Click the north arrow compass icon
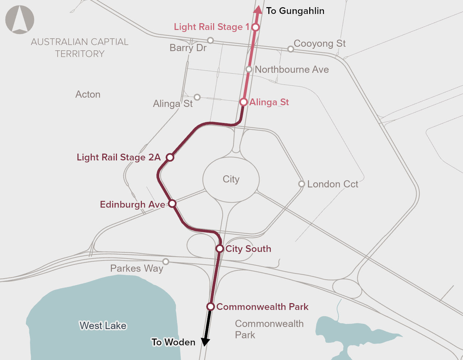pyautogui.click(x=20, y=19)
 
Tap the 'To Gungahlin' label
pyautogui.click(x=295, y=11)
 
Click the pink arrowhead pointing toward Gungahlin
pyautogui.click(x=258, y=10)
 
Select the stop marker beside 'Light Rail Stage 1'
pyautogui.click(x=255, y=27)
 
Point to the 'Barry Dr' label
pyautogui.click(x=188, y=48)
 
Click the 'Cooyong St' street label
pyautogui.click(x=319, y=44)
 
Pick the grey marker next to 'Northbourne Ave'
pyautogui.click(x=249, y=69)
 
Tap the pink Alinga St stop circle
pyautogui.click(x=243, y=102)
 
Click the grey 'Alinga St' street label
pyautogui.click(x=173, y=104)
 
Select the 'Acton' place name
pyautogui.click(x=88, y=94)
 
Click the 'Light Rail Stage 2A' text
pyautogui.click(x=118, y=157)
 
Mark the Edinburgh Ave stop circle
pyautogui.click(x=173, y=203)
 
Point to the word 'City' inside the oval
pyautogui.click(x=231, y=179)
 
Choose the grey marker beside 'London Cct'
pyautogui.click(x=301, y=184)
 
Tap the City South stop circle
pyautogui.click(x=220, y=249)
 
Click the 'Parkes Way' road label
pyautogui.click(x=137, y=268)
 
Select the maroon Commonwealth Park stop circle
pyautogui.click(x=211, y=307)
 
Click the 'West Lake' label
pyautogui.click(x=103, y=326)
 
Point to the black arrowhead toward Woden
pyautogui.click(x=205, y=342)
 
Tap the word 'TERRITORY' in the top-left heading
pyautogui.click(x=80, y=54)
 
